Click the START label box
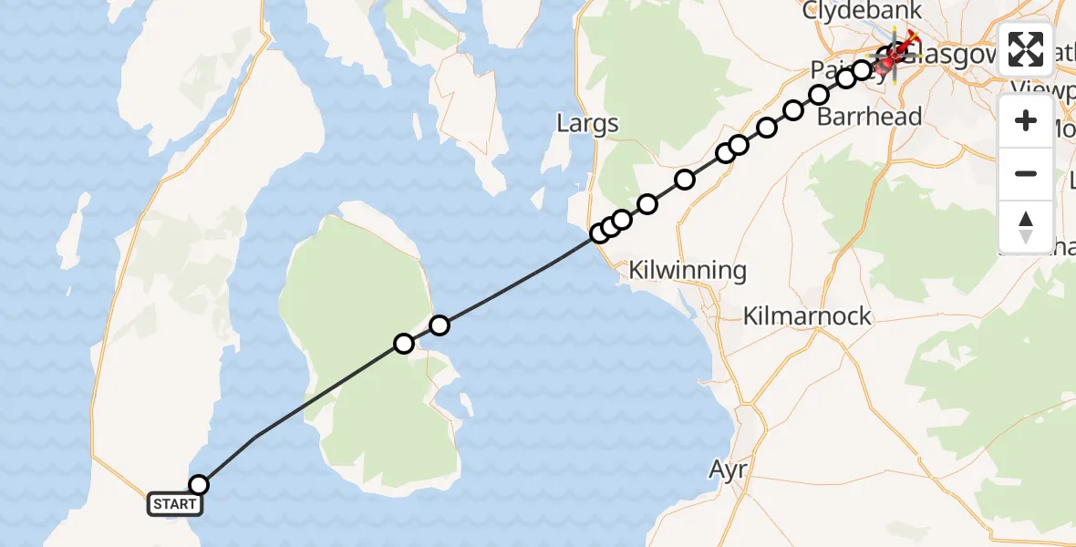pyautogui.click(x=173, y=504)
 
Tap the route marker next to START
pyautogui.click(x=198, y=485)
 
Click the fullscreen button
pyautogui.click(x=1026, y=49)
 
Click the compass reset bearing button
pyautogui.click(x=1026, y=226)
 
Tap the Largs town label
pyautogui.click(x=587, y=124)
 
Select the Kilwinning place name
pyautogui.click(x=688, y=270)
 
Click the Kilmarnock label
pyautogui.click(x=807, y=316)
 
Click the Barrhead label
pyautogui.click(x=869, y=117)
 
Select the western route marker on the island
pyautogui.click(x=403, y=344)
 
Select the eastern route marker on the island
pyautogui.click(x=440, y=325)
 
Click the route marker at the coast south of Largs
pyautogui.click(x=600, y=233)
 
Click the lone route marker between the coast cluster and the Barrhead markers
pyautogui.click(x=685, y=180)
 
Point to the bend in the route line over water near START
pyautogui.click(x=254, y=437)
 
